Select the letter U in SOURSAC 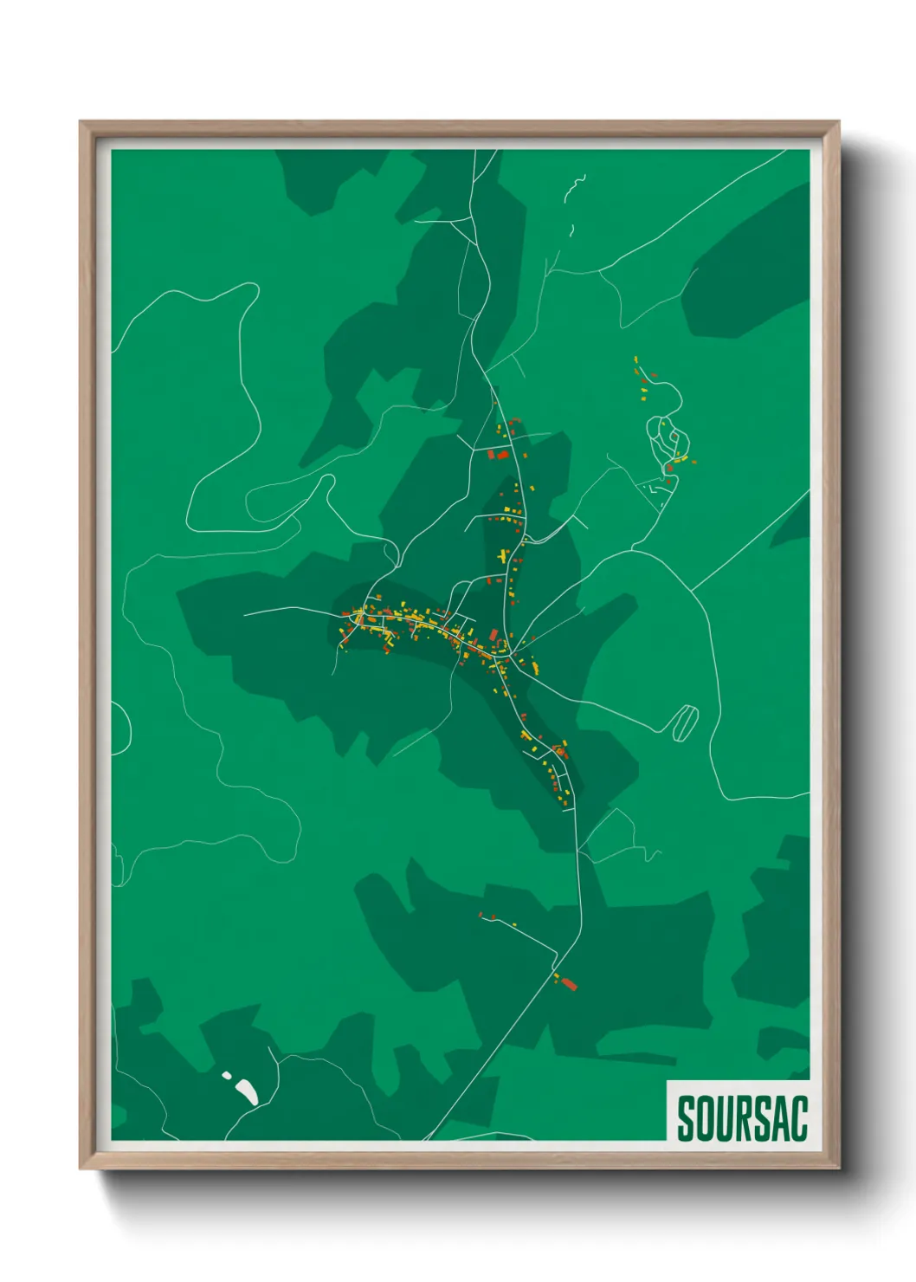727,1118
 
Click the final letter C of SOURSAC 800,1118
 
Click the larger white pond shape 246,1091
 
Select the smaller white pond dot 227,1075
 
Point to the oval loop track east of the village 685,722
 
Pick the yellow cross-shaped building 503,554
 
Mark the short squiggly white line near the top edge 576,189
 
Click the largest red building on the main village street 500,454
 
